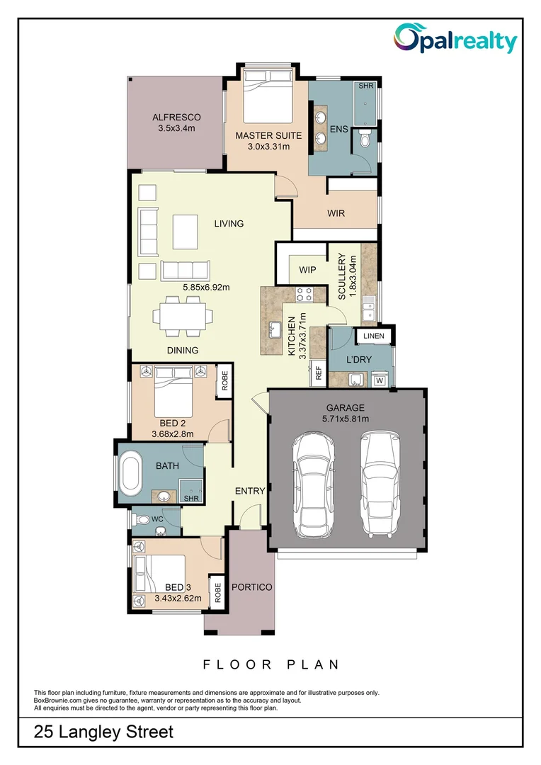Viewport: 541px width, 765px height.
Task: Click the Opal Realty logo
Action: (x=455, y=39)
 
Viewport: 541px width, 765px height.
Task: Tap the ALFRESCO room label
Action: (x=176, y=118)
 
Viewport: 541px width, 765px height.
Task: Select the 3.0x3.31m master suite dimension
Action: (x=268, y=147)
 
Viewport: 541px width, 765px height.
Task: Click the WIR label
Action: (x=336, y=212)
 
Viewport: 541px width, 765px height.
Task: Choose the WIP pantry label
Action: (x=307, y=270)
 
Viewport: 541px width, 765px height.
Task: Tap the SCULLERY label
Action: (x=341, y=276)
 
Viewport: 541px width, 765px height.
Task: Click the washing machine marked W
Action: (x=380, y=380)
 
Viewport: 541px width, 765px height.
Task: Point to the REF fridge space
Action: (x=319, y=373)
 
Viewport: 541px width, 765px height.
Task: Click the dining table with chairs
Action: (x=184, y=317)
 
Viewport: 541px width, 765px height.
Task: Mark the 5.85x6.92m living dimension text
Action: (x=206, y=287)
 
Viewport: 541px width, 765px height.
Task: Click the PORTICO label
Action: (x=251, y=587)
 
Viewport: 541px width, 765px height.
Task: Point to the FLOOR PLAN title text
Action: (x=271, y=664)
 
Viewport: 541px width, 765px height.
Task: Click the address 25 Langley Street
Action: (x=103, y=732)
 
